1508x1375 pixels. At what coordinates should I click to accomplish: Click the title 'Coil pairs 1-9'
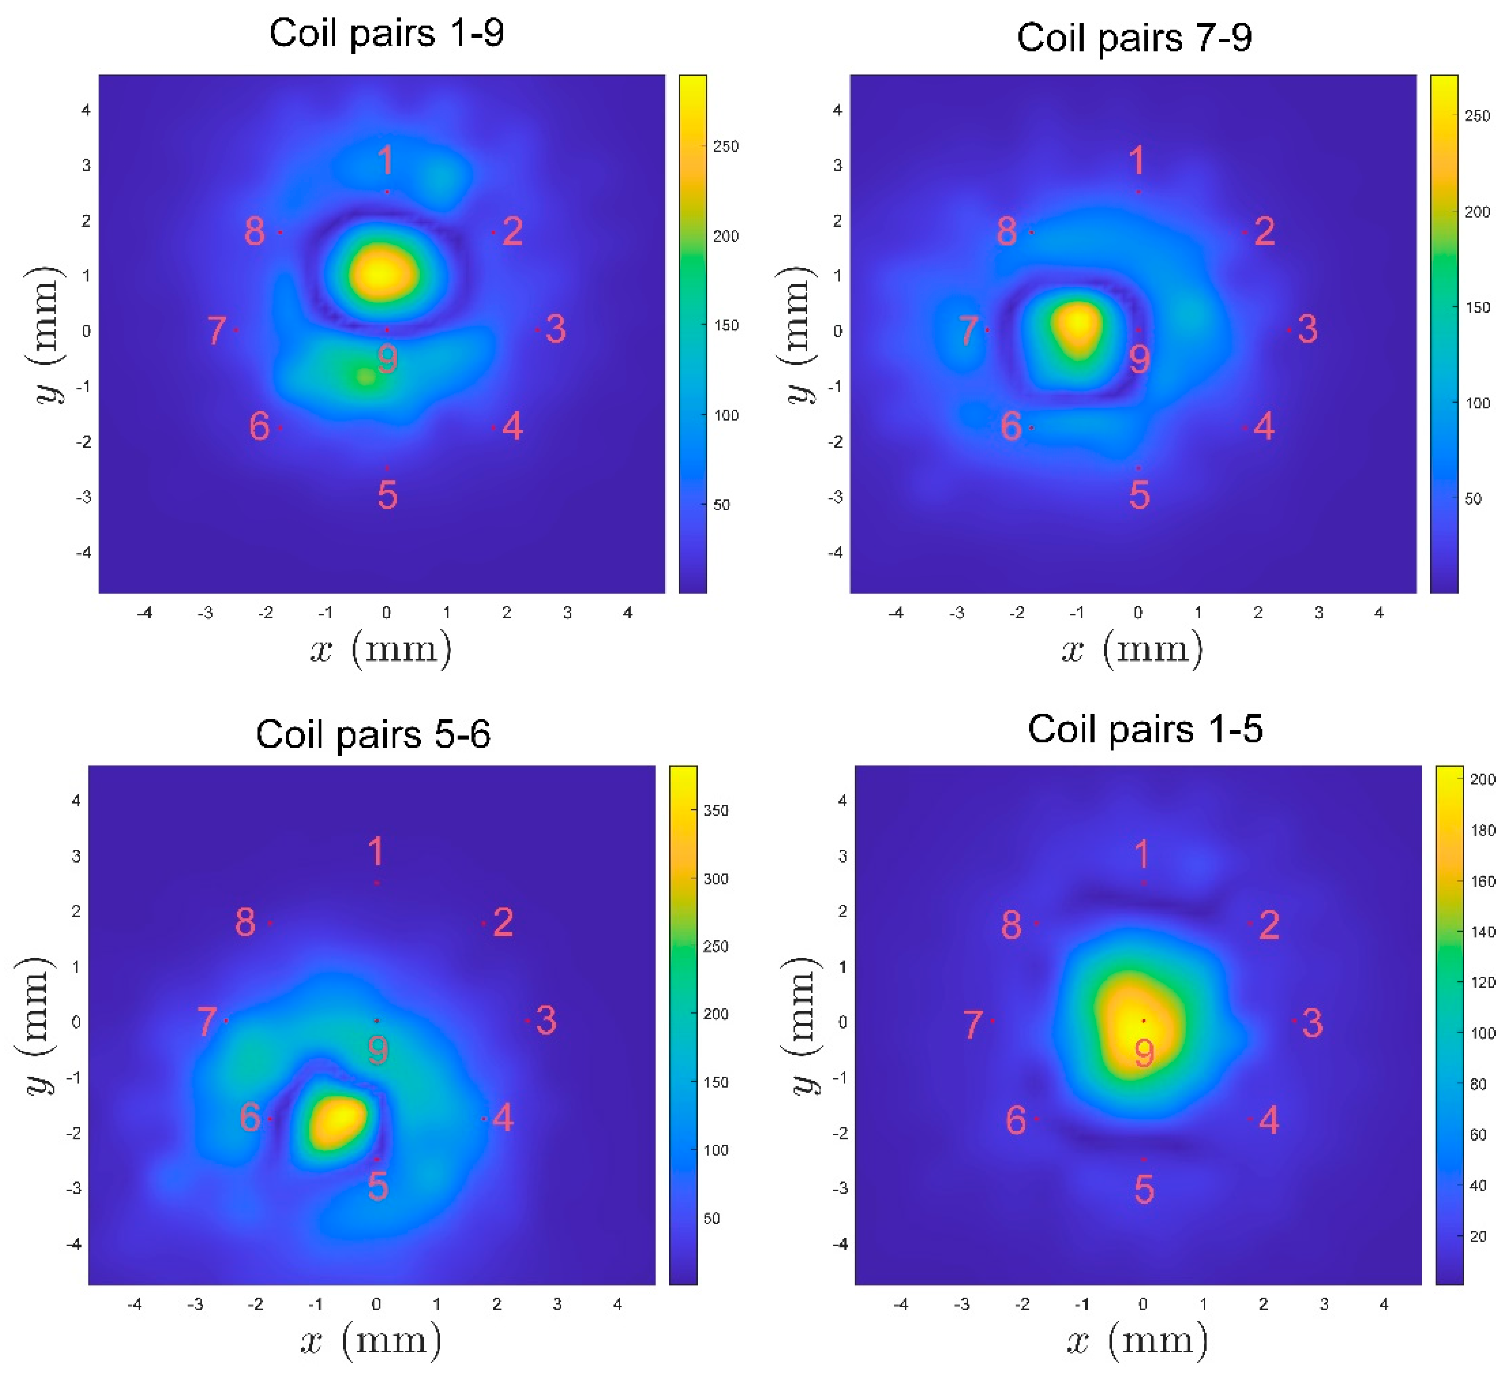click(x=386, y=34)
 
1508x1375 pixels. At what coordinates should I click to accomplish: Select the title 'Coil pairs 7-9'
click(x=1134, y=38)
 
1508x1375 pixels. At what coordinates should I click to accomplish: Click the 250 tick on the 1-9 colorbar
click(x=725, y=146)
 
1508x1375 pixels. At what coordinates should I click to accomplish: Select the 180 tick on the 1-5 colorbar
click(x=1482, y=830)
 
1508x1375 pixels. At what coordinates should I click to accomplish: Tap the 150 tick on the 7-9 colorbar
click(x=1477, y=307)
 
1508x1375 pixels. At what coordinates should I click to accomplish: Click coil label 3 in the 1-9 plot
click(x=556, y=329)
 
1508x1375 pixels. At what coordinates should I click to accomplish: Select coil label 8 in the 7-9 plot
click(x=1006, y=231)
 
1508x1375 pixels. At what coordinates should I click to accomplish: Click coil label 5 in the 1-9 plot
click(x=387, y=495)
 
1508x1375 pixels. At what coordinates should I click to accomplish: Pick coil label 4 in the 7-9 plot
click(x=1264, y=426)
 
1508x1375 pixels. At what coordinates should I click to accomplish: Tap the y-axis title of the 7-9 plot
click(x=798, y=334)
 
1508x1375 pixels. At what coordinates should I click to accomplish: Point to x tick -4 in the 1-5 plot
click(x=901, y=1305)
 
